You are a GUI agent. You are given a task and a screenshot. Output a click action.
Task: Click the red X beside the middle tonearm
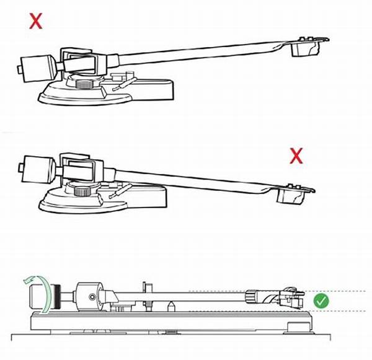(x=296, y=157)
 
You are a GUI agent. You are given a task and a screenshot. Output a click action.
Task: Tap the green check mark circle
(x=321, y=301)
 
